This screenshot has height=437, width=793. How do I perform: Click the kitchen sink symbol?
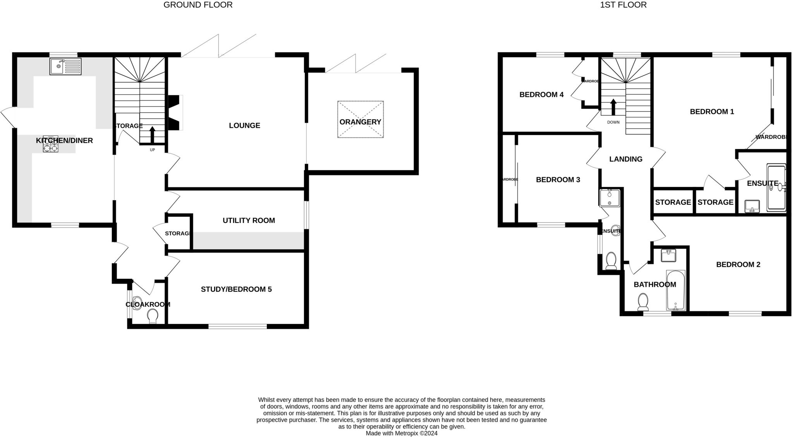coord(65,66)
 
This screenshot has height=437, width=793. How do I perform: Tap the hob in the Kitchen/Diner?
coord(50,144)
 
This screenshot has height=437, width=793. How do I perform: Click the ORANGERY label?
coord(360,122)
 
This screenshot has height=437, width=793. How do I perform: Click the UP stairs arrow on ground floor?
coord(152,135)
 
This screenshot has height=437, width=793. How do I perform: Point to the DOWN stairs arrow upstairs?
coord(613,107)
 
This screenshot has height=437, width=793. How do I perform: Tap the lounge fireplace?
coord(174,113)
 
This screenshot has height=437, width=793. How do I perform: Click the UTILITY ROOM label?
coord(249,221)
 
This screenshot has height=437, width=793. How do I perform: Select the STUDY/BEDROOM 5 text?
coord(236,289)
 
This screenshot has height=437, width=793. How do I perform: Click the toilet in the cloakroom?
coord(153,316)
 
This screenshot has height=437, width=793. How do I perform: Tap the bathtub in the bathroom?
coord(676,290)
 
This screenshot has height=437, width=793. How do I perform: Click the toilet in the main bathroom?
coord(643,302)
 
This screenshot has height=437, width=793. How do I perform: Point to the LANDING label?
coord(626,159)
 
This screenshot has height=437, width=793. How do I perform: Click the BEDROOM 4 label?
coord(541,94)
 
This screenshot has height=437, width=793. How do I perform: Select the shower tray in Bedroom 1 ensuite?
coord(776,188)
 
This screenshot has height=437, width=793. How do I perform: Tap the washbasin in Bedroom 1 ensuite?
coord(752,206)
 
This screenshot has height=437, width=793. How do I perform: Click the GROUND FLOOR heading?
coord(198,5)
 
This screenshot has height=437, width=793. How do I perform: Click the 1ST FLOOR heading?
coord(623,5)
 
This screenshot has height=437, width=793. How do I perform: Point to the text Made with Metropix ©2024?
coord(402,433)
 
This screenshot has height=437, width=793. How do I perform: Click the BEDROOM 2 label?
coord(738,265)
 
